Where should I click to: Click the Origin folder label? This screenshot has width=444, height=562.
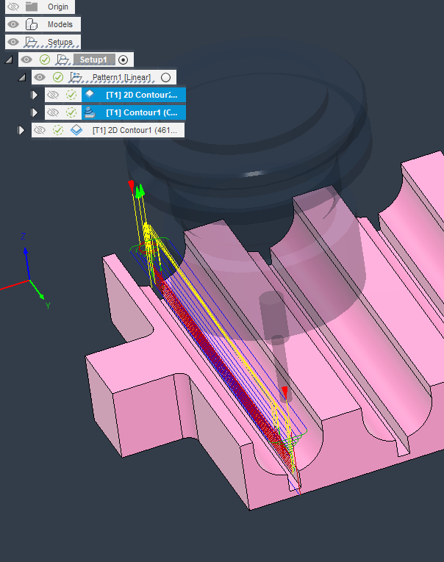[x=58, y=7]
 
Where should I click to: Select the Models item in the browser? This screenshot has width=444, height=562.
[x=60, y=24]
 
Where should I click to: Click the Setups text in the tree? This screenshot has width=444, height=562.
[x=60, y=43]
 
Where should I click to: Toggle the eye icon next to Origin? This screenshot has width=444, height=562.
[x=12, y=7]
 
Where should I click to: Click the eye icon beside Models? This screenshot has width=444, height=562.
[x=12, y=24]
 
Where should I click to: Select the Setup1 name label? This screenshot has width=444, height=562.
[x=94, y=60]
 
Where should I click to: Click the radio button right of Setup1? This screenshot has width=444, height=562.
[x=123, y=60]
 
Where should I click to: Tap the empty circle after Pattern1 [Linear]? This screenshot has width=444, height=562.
[x=166, y=77]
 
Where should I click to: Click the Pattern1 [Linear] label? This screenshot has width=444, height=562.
[x=121, y=77]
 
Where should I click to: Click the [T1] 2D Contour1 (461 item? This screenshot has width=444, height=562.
[x=136, y=130]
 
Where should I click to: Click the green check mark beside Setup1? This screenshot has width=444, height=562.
[x=45, y=60]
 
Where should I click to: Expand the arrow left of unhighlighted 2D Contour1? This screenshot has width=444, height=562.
[x=21, y=130]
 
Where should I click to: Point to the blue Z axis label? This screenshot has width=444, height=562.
[x=24, y=237]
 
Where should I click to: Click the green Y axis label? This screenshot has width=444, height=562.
[x=48, y=304]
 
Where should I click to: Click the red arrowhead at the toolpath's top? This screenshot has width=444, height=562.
[x=131, y=184]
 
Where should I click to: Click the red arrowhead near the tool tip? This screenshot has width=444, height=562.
[x=284, y=389]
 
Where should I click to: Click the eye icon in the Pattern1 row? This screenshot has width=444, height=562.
[x=40, y=77]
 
